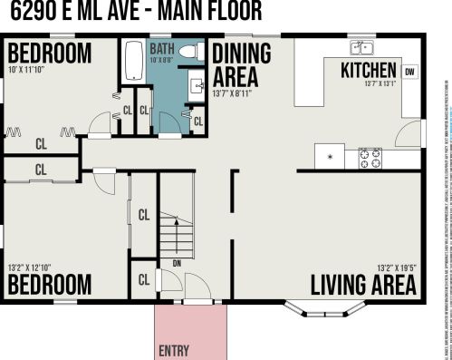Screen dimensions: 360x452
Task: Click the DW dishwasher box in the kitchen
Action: pos(410,73)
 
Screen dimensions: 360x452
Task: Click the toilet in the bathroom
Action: pos(188,54)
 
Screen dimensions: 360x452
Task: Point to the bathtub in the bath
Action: pos(132,61)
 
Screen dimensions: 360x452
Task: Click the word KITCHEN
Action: pos(368,71)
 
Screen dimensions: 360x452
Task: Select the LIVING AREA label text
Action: pos(363,284)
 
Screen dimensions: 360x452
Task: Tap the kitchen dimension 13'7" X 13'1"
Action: pos(380,85)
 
